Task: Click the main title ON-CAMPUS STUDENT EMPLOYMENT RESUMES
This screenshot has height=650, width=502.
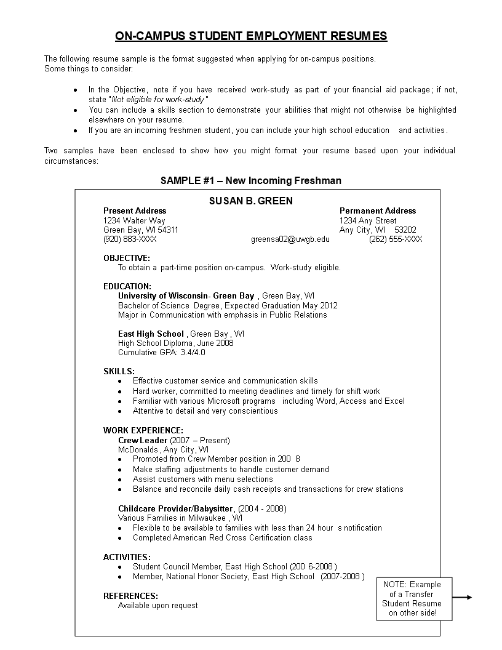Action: [251, 36]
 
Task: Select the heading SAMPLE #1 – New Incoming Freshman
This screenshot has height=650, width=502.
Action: [251, 180]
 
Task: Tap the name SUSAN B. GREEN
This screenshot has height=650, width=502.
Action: [251, 201]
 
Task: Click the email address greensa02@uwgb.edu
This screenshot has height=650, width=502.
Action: [290, 239]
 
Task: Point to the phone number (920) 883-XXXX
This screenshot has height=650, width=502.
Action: [130, 239]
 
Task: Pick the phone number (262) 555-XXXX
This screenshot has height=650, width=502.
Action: [396, 239]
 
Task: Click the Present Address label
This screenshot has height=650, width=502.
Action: [135, 211]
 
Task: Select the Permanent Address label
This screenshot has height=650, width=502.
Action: [378, 211]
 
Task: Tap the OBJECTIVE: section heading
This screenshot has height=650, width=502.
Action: [127, 258]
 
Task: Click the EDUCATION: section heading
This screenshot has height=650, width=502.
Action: [127, 286]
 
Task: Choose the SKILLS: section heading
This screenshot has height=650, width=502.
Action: [119, 371]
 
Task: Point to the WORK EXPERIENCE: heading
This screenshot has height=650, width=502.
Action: [143, 430]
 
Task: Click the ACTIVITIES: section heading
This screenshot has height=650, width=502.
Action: [127, 557]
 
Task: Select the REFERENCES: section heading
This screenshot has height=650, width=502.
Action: [130, 596]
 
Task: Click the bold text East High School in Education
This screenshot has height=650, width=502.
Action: [151, 334]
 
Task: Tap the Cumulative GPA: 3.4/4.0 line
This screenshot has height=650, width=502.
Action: [162, 353]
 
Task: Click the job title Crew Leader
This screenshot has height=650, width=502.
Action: [143, 440]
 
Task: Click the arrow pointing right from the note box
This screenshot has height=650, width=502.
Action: [462, 597]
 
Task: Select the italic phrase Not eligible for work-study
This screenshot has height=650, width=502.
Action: [158, 100]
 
